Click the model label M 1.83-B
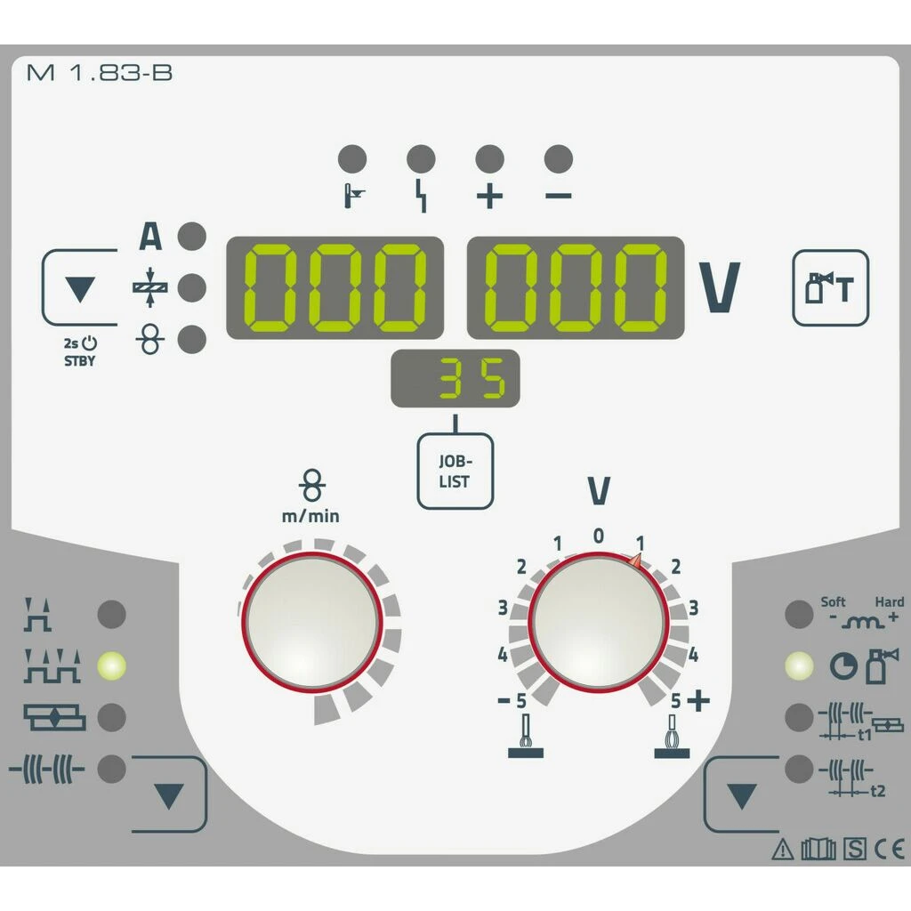pos(100,73)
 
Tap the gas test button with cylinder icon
pos(830,287)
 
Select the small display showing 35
pos(455,379)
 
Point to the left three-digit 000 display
pos(335,287)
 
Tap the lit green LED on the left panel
pos(112,665)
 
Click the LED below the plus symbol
pos(489,159)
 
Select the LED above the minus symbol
pos(559,159)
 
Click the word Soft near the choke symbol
pos(833,602)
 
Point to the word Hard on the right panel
pos(889,602)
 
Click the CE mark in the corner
pos(889,850)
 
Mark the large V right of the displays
pos(721,288)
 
